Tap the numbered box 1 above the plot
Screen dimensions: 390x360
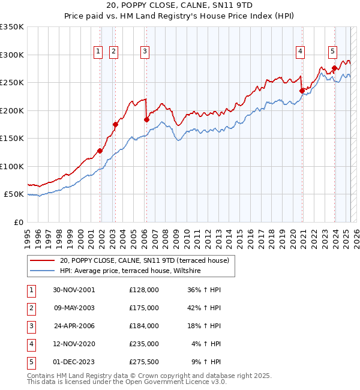click(98, 52)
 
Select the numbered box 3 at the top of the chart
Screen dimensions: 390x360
click(145, 52)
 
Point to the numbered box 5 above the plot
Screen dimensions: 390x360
click(332, 52)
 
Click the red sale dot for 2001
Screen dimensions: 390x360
click(100, 151)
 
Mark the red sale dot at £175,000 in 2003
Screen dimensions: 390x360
click(115, 125)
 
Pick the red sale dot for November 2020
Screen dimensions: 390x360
click(302, 91)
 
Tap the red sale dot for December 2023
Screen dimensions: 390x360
click(334, 68)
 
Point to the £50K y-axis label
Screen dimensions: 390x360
click(14, 194)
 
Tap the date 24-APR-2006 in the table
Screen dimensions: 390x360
click(74, 326)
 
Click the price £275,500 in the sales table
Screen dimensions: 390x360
click(143, 362)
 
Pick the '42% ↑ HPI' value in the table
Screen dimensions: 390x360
click(204, 308)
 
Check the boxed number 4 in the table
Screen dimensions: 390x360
click(30, 344)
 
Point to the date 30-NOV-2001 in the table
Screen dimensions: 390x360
click(74, 290)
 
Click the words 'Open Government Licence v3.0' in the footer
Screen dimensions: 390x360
click(177, 381)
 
